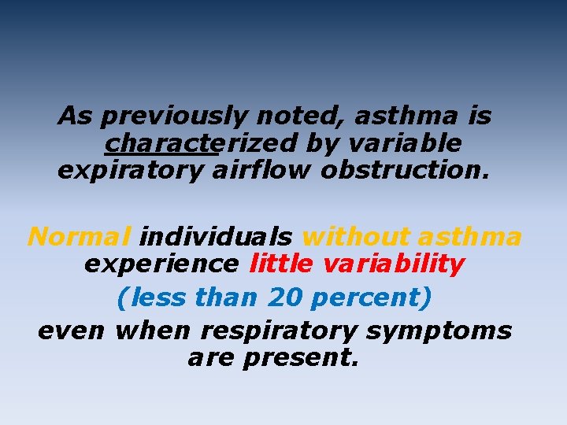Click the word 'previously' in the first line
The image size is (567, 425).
[x=174, y=116]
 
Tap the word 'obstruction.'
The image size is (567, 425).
[x=405, y=170]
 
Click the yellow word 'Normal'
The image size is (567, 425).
[x=79, y=236]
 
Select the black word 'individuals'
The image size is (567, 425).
[x=217, y=236]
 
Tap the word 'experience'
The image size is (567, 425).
[x=161, y=264]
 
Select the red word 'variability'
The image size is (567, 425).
[x=394, y=264]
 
